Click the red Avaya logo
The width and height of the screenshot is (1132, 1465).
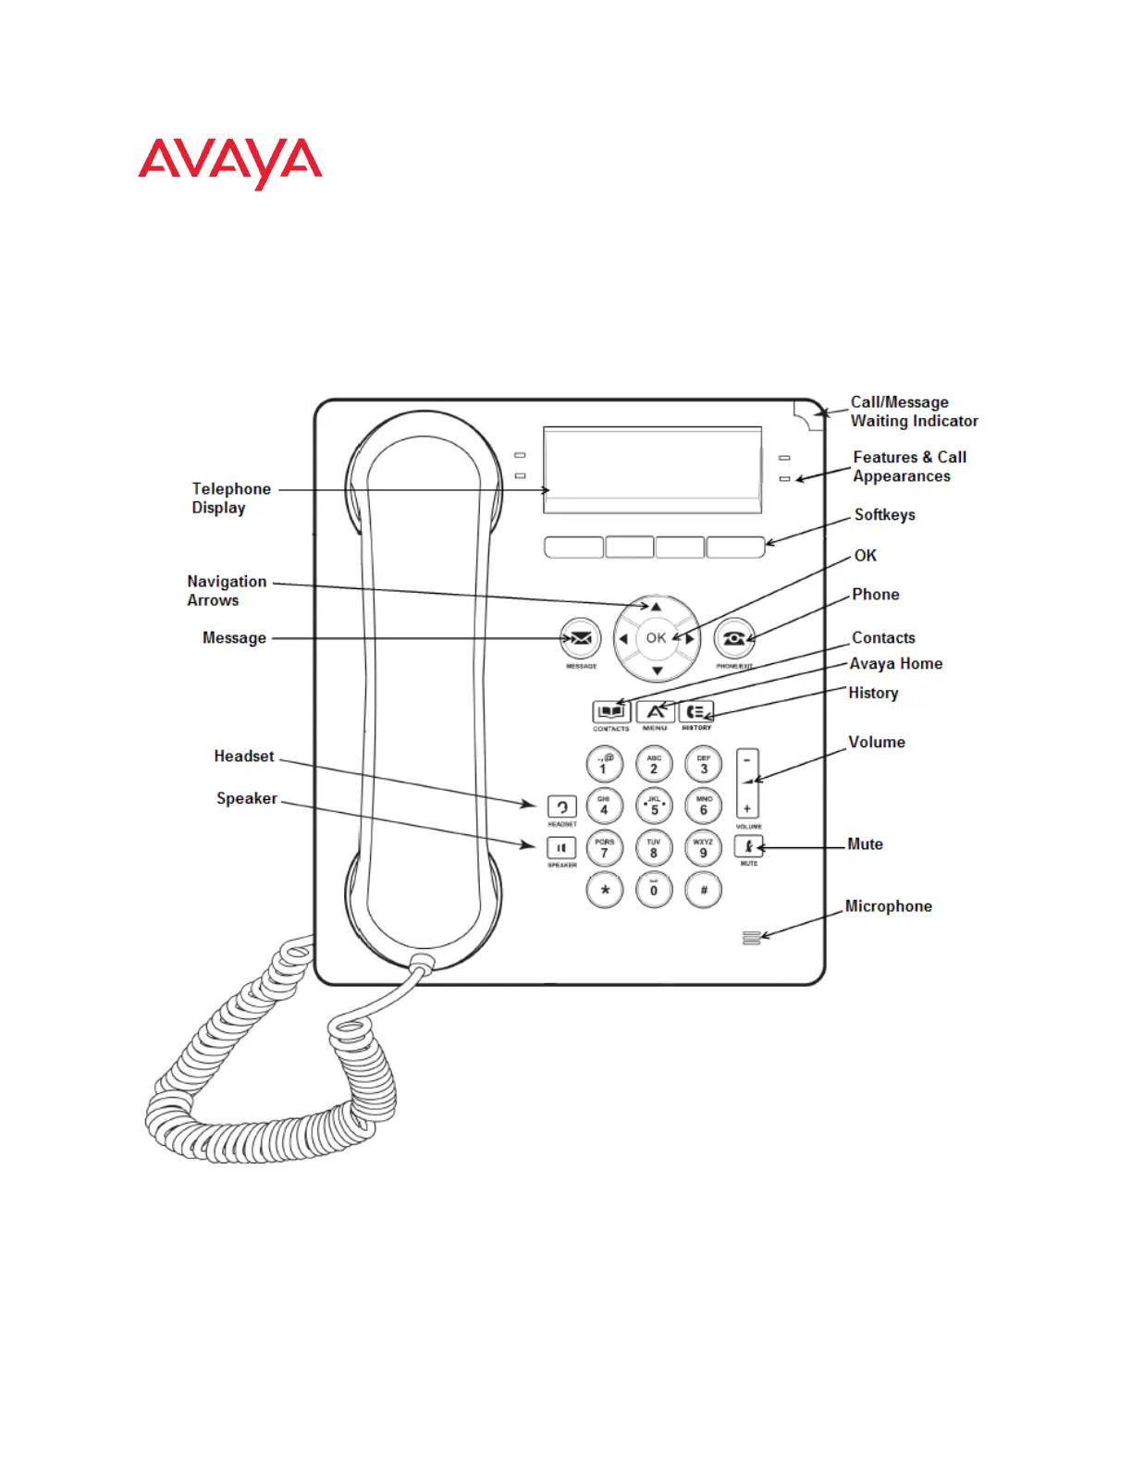click(230, 163)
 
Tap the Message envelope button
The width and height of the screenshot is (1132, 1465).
click(581, 638)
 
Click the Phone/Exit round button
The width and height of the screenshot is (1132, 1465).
click(734, 638)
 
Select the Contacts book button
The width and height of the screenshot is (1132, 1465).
click(611, 711)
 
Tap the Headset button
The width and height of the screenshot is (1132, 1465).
click(561, 806)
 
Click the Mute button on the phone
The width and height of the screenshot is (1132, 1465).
click(748, 846)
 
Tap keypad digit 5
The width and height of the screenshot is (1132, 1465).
click(654, 806)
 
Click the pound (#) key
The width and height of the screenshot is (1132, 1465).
click(704, 890)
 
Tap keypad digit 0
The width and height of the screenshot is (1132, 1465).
click(654, 890)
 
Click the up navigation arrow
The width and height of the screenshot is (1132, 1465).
click(657, 607)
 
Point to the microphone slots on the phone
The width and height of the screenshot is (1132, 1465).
click(751, 939)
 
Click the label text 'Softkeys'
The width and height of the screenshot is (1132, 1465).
click(884, 515)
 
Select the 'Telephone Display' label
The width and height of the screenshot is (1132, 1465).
click(230, 498)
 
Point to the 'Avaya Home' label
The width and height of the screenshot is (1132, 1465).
click(895, 664)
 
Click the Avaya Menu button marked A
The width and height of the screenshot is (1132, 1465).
click(655, 711)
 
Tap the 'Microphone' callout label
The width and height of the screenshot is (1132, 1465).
click(888, 906)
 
